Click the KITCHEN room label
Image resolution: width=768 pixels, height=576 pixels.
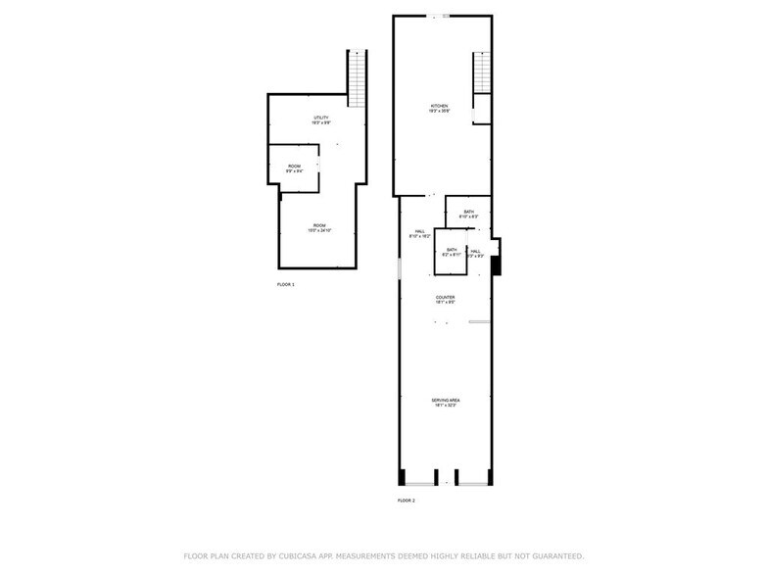pos(440,105)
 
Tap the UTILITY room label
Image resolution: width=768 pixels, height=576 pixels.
pos(321,118)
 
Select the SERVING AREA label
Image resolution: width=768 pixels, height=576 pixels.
pos(445,400)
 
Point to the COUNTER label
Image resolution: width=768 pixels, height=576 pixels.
pos(446,297)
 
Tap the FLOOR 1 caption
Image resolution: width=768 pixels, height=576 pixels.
pos(286,284)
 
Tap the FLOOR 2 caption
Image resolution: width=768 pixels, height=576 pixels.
pos(406,501)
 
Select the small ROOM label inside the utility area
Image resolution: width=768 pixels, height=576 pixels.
pos(294,167)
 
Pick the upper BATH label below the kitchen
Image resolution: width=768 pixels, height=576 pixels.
pos(469,212)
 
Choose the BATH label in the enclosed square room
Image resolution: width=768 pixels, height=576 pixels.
pos(452,250)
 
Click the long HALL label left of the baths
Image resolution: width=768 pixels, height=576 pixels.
pos(418,232)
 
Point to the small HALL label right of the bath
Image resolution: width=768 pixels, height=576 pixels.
pos(475,251)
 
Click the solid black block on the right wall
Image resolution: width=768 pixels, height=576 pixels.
pos(497,264)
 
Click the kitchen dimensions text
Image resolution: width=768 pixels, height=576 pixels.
pos(440,111)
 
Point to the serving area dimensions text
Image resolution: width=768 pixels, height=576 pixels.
pos(445,406)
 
